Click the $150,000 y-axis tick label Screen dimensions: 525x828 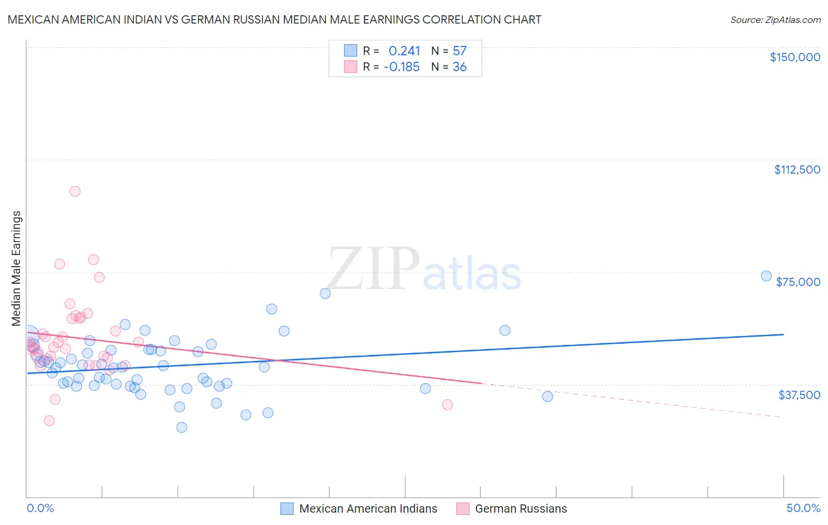click(794, 57)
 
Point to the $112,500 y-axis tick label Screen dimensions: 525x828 click(797, 170)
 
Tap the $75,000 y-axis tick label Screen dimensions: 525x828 click(798, 282)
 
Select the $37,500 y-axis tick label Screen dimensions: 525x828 click(799, 395)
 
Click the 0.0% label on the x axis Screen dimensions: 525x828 click(40, 508)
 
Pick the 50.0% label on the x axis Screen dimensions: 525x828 click(803, 508)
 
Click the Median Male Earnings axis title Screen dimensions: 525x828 click(16, 268)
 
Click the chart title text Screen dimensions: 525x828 click(274, 19)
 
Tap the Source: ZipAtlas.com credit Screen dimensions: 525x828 click(775, 20)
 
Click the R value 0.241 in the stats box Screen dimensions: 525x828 click(404, 51)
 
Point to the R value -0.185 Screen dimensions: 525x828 click(402, 67)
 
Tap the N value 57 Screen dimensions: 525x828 click(459, 51)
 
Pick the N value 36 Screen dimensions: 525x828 click(459, 67)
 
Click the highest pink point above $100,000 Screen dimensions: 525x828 click(75, 191)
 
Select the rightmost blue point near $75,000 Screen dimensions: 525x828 click(766, 276)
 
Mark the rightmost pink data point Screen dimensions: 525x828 click(448, 404)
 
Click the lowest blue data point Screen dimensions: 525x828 click(182, 427)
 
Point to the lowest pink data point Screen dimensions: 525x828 click(49, 421)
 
